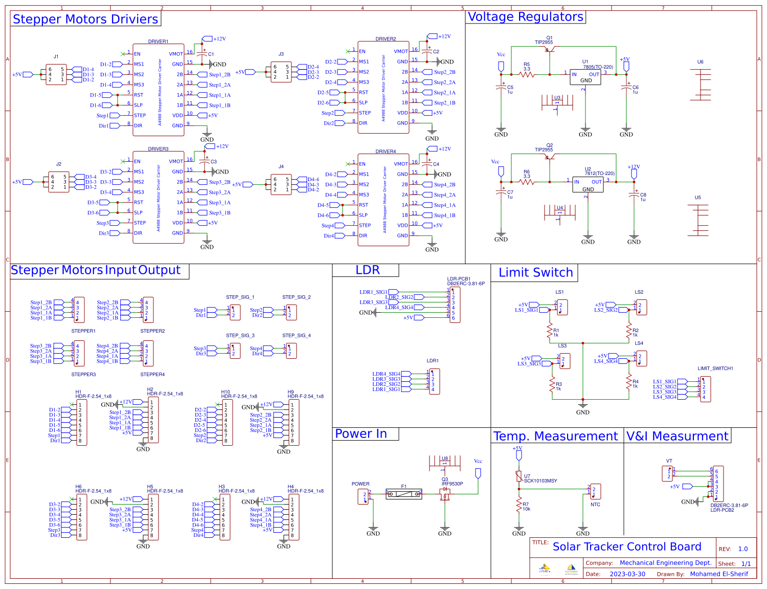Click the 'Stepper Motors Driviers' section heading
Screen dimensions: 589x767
pos(85,19)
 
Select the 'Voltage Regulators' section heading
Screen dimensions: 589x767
pos(525,17)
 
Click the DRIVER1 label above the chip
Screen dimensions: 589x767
pos(158,41)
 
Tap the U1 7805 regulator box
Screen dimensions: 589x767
pos(586,77)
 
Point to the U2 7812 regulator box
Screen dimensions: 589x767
pos(588,185)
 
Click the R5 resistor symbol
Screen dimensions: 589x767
pos(527,75)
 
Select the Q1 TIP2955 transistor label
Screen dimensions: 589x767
pos(544,40)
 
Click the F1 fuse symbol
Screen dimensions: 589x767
pos(404,494)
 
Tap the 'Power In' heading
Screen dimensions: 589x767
pos(361,434)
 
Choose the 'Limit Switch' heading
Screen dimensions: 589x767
pos(535,273)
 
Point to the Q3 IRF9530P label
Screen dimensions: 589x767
pos(452,482)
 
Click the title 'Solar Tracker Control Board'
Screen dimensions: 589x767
pos(627,547)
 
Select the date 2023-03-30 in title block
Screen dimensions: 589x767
pos(627,574)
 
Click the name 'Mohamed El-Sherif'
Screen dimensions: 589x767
pos(718,574)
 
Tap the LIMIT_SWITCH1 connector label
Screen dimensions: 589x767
pos(715,368)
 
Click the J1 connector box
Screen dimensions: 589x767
pos(56,75)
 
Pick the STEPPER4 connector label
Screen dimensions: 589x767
pos(152,375)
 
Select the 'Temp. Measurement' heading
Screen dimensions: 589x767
pos(555,437)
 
